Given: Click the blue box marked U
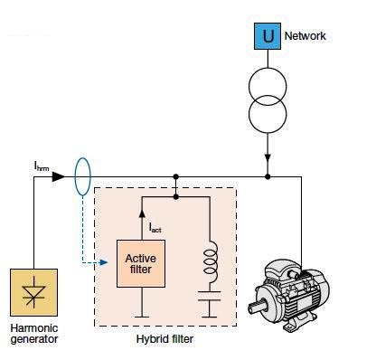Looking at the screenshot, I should click(268, 37).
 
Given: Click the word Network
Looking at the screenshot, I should click(305, 36).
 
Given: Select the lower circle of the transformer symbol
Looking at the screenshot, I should click(268, 113).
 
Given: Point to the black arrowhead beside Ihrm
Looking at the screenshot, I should click(58, 176).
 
